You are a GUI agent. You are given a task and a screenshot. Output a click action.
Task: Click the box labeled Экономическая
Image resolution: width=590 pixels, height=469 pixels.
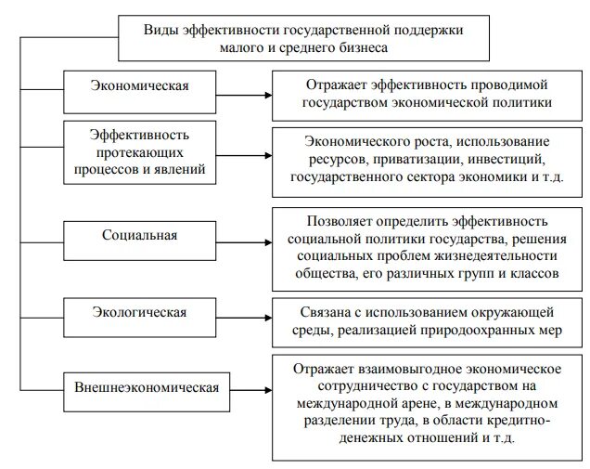139,86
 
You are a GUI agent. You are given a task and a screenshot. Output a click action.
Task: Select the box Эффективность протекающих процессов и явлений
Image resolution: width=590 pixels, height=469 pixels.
139,152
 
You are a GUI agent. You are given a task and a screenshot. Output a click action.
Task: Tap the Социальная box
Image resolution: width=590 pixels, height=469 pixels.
139,234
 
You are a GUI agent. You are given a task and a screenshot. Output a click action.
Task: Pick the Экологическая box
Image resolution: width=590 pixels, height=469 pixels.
139,312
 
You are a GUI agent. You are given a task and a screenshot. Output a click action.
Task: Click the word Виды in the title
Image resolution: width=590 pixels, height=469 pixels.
161,30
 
